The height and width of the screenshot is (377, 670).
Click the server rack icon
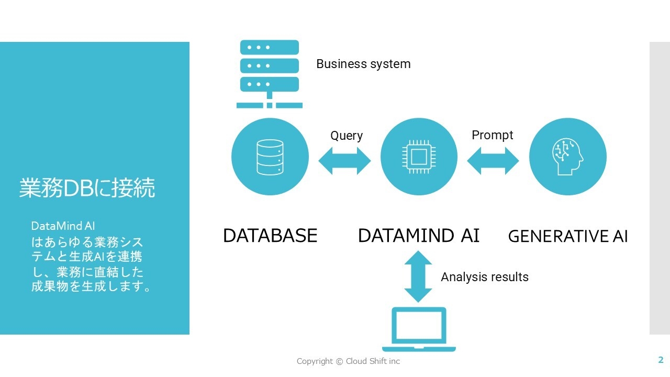pyautogui.click(x=269, y=73)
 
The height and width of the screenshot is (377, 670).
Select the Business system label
pyautogui.click(x=363, y=64)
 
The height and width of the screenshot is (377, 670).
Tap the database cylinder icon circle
pyautogui.click(x=270, y=157)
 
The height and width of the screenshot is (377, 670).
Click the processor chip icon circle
pyautogui.click(x=419, y=157)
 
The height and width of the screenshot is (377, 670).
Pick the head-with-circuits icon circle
pyautogui.click(x=568, y=157)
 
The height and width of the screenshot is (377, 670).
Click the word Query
pyautogui.click(x=347, y=136)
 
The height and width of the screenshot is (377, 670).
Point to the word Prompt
pyautogui.click(x=493, y=135)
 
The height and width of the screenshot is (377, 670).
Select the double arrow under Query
pyautogui.click(x=344, y=161)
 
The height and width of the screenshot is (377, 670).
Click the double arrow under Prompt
pyautogui.click(x=493, y=161)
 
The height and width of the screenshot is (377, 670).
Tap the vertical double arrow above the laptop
pyautogui.click(x=418, y=276)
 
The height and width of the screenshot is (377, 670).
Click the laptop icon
pyautogui.click(x=419, y=329)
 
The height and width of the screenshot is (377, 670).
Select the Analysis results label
pyautogui.click(x=485, y=277)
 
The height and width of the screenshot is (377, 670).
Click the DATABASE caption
pyautogui.click(x=270, y=236)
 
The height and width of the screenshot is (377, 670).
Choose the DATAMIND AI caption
pyautogui.click(x=419, y=236)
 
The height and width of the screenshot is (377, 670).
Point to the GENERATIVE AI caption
pyautogui.click(x=568, y=237)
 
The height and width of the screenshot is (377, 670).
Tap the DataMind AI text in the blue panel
pyautogui.click(x=63, y=226)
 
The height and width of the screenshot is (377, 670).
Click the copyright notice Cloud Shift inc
pyautogui.click(x=348, y=361)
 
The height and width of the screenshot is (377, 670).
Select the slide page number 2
pyautogui.click(x=661, y=360)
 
